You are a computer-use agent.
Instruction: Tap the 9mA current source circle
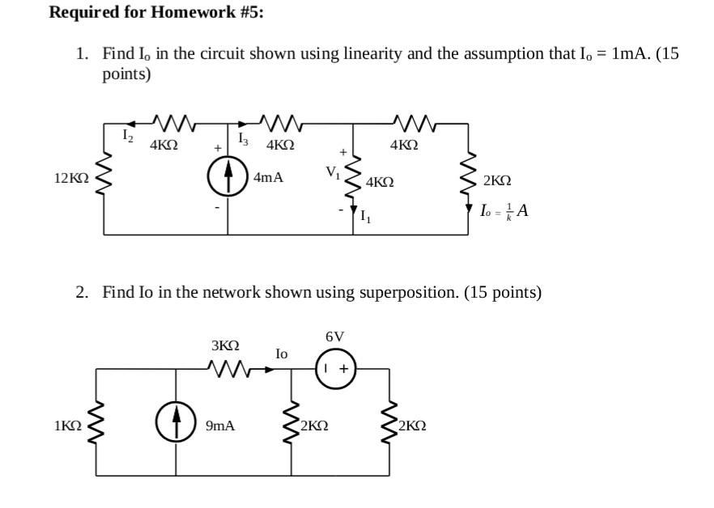[176, 424]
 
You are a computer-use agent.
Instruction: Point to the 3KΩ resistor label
[227, 345]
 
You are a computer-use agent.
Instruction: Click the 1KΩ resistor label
[67, 425]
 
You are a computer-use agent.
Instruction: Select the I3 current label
[243, 140]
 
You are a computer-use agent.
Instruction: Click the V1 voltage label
[333, 172]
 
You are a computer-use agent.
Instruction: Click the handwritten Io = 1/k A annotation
[504, 211]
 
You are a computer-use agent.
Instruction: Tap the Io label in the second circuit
[281, 353]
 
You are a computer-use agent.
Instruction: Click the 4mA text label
[268, 177]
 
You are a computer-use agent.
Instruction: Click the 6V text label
[334, 337]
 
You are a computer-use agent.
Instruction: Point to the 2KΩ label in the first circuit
[496, 181]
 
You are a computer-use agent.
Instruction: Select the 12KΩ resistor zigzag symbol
[104, 177]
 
